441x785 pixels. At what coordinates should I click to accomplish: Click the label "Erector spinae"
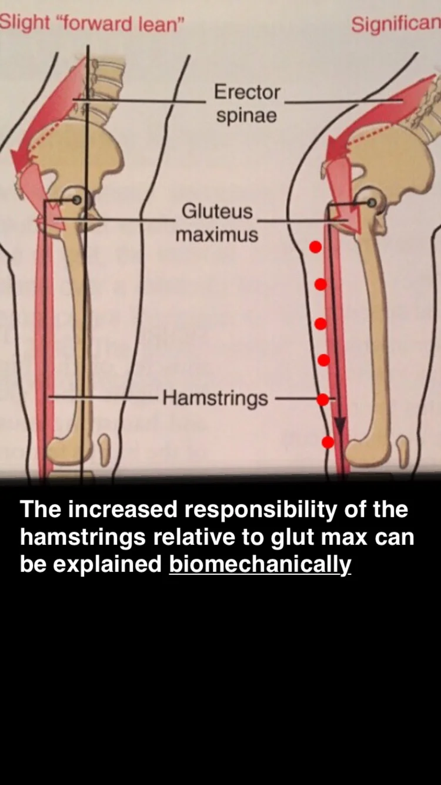[x=246, y=103]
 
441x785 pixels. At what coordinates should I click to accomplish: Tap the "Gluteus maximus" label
[x=216, y=222]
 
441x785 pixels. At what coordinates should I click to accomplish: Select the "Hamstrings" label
[x=215, y=398]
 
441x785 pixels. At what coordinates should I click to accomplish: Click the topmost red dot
[x=316, y=247]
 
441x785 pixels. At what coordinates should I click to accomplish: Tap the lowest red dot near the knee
[x=328, y=441]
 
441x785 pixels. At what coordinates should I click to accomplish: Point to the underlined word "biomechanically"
[x=260, y=564]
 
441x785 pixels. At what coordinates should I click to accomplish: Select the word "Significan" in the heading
[x=396, y=24]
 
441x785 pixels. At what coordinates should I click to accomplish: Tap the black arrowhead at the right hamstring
[x=339, y=426]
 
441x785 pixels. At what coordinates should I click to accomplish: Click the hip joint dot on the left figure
[x=76, y=201]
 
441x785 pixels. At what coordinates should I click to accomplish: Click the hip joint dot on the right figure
[x=372, y=202]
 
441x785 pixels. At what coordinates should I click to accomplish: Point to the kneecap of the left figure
[x=104, y=450]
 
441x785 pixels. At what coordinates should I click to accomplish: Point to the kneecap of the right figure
[x=402, y=451]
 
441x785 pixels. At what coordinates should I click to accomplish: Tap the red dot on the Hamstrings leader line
[x=322, y=400]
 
